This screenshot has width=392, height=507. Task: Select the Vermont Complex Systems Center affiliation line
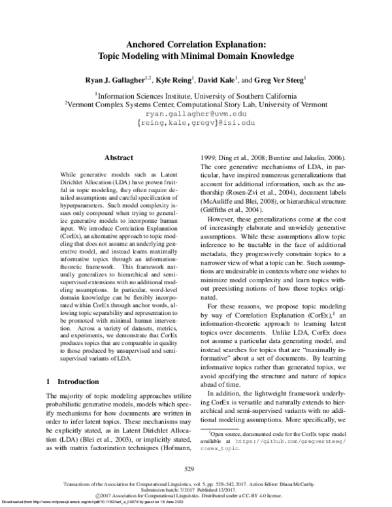195,103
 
